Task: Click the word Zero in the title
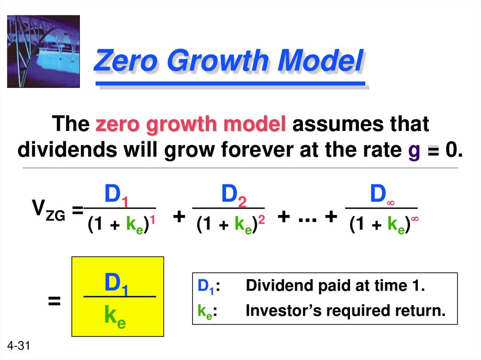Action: (125, 61)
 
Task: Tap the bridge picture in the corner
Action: (43, 51)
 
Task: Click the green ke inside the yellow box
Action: (115, 318)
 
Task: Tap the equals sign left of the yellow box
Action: (54, 301)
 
